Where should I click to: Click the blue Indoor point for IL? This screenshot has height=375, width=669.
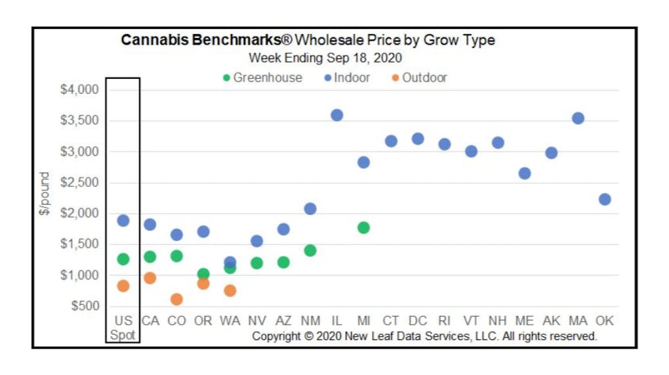pyautogui.click(x=336, y=115)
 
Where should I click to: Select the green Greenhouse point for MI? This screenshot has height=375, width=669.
pyautogui.click(x=363, y=228)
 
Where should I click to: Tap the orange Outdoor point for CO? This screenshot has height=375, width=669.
pyautogui.click(x=176, y=299)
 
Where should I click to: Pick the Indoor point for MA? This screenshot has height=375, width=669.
pyautogui.click(x=578, y=118)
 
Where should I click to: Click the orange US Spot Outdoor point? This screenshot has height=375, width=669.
pyautogui.click(x=123, y=286)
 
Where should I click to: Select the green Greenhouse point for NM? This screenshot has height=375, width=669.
pyautogui.click(x=310, y=250)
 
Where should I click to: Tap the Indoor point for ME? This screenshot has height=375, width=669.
pyautogui.click(x=524, y=173)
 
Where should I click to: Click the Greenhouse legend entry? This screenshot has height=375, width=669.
pyautogui.click(x=263, y=77)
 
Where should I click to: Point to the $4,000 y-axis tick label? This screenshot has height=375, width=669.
pyautogui.click(x=79, y=89)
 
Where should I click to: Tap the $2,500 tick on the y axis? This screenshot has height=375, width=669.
pyautogui.click(x=79, y=183)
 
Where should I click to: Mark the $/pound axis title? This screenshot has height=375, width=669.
pyautogui.click(x=45, y=194)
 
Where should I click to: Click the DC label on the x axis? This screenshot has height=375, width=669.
pyautogui.click(x=417, y=321)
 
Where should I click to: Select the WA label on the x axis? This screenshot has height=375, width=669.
pyautogui.click(x=230, y=321)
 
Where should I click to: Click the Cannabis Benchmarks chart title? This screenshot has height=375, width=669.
pyautogui.click(x=308, y=41)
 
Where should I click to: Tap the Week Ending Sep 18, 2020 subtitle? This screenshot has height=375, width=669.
pyautogui.click(x=325, y=58)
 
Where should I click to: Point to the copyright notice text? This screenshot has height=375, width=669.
pyautogui.click(x=424, y=336)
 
